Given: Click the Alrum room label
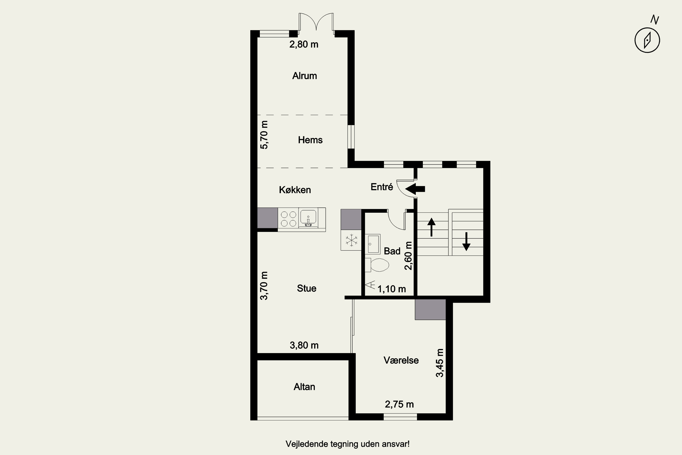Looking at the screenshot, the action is point(304,76).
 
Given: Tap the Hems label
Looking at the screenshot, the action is point(310,140).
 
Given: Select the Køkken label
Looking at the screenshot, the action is point(295,190).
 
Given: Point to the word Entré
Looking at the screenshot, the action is point(382,187).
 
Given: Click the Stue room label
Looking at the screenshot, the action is point(306,288).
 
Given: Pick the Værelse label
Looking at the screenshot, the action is point(401,360).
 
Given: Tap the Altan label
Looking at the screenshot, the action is point(304,387).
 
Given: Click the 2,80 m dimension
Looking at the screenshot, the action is point(304,44).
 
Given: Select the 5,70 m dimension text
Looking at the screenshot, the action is point(264,135).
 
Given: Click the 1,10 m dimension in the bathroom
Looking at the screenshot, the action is point(391,289).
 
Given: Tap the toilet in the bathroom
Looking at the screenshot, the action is point(377,265).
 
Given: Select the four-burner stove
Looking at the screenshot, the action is point(288,219).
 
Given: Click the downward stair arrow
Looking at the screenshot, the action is point(466,241).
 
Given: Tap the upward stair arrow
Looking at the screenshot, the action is point(431,227).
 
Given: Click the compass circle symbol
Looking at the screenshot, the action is point(647,40).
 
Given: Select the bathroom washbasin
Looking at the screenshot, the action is point(373,244).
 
